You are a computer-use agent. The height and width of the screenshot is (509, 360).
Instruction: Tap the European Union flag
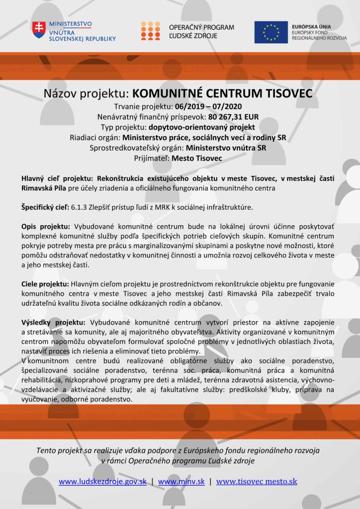click(x=271, y=31)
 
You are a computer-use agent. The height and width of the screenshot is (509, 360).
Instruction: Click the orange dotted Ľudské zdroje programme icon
click(x=150, y=31)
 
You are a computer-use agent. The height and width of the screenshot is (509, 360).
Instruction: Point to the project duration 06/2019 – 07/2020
click(x=205, y=107)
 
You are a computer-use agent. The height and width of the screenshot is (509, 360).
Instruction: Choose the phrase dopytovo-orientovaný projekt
click(x=211, y=128)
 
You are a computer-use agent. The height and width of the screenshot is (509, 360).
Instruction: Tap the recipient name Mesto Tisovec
click(x=196, y=159)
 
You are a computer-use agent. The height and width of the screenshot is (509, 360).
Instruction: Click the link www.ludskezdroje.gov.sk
click(x=102, y=481)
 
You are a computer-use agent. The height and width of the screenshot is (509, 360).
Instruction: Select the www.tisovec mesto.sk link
click(x=257, y=481)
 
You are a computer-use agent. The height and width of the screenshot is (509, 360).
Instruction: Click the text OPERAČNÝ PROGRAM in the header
click(x=201, y=27)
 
